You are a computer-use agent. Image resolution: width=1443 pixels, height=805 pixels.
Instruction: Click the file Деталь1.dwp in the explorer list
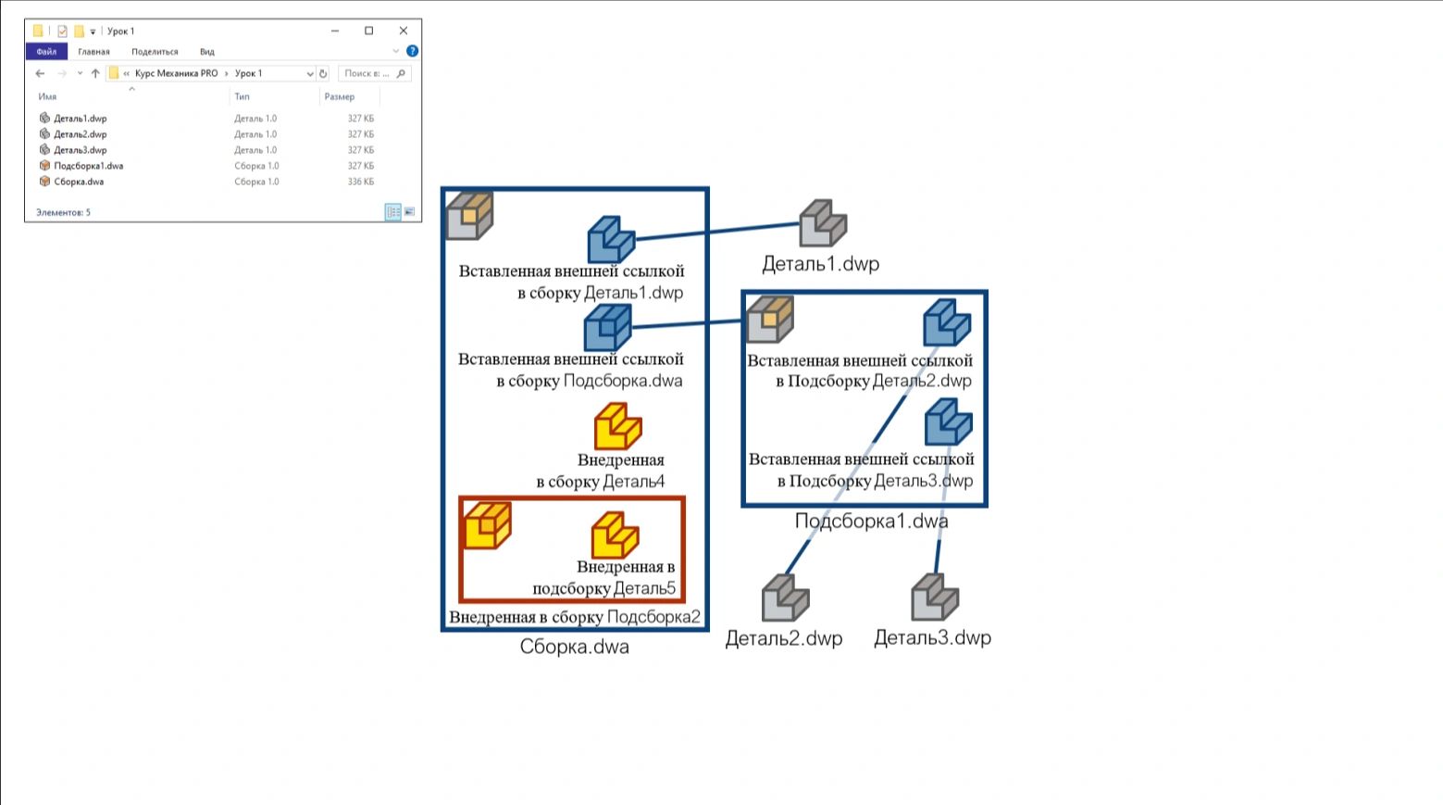coord(80,118)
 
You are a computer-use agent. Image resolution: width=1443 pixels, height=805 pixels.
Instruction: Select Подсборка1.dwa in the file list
coord(88,166)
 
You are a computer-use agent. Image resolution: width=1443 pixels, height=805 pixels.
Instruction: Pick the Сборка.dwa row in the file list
coord(79,182)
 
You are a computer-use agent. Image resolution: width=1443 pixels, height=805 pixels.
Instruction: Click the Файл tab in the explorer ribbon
coord(46,52)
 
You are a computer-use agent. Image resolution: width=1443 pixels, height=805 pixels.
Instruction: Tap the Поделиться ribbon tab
coord(155,52)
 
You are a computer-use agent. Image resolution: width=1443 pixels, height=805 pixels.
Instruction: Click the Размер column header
coord(340,96)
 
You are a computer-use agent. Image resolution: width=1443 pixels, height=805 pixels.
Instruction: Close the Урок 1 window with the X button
coord(404,31)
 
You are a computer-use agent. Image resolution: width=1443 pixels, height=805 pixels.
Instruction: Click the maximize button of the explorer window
coord(369,31)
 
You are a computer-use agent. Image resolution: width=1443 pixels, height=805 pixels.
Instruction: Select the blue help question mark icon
coord(412,51)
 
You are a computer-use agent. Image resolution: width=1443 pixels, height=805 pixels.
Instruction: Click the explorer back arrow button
coord(40,73)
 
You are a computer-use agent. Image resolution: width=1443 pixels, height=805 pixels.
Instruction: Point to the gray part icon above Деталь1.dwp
coord(823,223)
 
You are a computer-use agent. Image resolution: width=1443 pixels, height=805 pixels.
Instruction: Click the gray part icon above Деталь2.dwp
coord(785,597)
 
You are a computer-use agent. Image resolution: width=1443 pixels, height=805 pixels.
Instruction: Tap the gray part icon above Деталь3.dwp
coord(935,597)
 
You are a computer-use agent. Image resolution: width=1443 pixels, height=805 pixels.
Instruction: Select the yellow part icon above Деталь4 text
coord(617,426)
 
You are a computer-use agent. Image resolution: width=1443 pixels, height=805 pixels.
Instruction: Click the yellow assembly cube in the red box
coord(488,525)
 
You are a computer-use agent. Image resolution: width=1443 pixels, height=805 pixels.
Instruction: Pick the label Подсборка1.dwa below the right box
coord(871,521)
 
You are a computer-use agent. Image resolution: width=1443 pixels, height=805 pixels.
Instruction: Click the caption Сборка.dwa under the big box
coord(574,647)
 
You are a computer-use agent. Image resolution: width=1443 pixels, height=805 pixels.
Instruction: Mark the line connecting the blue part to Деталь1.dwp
coord(717,232)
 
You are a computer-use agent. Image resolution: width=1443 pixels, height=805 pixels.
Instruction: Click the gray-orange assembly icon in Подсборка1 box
coord(770,319)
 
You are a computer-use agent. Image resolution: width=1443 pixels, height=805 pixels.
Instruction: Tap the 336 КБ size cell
coord(361,182)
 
